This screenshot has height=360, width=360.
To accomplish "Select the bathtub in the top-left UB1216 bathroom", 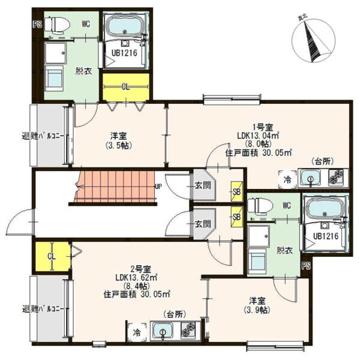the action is coord(125,27).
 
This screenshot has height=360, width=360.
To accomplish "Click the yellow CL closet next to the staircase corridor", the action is coord(52,256).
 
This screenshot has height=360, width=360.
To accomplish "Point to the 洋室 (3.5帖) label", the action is coord(118,141).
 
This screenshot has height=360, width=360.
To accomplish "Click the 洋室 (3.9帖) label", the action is coord(257,305).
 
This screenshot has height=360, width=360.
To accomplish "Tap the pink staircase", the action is coord(115,187).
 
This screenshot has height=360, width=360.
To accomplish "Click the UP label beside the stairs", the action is coord(158,187).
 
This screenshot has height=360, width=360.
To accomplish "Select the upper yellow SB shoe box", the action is coord(237,191).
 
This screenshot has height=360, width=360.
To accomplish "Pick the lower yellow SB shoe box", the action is coord(237,217).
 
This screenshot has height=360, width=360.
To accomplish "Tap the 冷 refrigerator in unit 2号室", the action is coord(137,332).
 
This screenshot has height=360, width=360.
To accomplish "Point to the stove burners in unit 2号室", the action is coord(188,330).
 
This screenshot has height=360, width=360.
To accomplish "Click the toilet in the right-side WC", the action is coord(260,204).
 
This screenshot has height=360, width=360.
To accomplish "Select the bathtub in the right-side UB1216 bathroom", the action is coord(325,208).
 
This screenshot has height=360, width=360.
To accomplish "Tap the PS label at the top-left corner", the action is coord(38,25).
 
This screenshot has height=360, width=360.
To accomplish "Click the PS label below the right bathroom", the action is coord(306,265).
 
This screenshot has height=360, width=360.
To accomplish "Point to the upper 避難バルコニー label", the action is coord(45,136).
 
